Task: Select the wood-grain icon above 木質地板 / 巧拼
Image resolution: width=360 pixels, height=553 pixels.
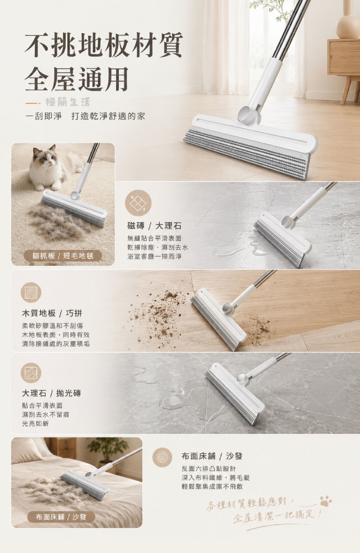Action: [31, 292]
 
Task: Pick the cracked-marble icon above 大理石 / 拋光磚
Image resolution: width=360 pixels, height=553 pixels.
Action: [31, 373]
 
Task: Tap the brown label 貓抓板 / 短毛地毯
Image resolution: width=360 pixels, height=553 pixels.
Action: [63, 256]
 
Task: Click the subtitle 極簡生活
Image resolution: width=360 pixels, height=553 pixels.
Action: [67, 102]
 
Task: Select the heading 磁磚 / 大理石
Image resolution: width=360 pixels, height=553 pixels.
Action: [154, 226]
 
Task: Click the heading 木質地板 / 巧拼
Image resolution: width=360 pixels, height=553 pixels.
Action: [52, 314]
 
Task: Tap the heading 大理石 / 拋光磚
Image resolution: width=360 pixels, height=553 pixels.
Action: [51, 393]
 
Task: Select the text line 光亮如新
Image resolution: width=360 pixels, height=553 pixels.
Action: [35, 424]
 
